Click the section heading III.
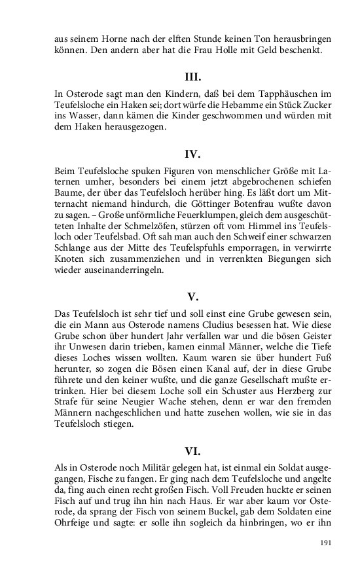tap(192, 77)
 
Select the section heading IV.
tap(192, 154)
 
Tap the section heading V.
tap(192, 297)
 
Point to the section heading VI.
tap(192, 451)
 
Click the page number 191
tap(327, 543)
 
